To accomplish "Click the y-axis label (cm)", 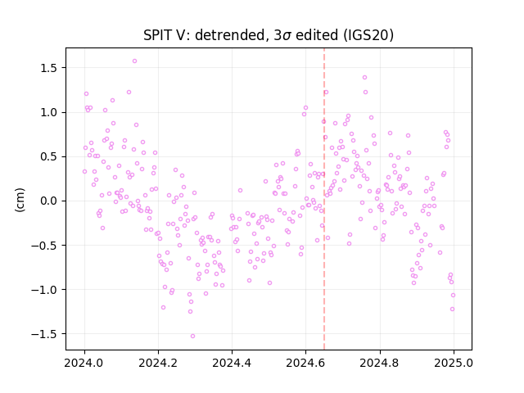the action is point(20,200).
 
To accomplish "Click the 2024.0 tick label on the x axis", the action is point(84,363).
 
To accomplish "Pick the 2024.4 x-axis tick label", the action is point(232,363).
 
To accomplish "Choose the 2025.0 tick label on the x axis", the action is point(454,363).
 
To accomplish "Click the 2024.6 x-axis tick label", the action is point(305,363).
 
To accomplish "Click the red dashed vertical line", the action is point(324,199).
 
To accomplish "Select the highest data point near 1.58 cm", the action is point(134,61).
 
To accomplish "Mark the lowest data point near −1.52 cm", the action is point(192,337).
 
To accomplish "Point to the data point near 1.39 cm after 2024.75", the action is point(364,78).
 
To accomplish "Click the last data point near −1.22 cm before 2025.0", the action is point(452,309).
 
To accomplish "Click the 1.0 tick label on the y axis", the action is point(49,112).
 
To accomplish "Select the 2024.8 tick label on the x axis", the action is point(380,363).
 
